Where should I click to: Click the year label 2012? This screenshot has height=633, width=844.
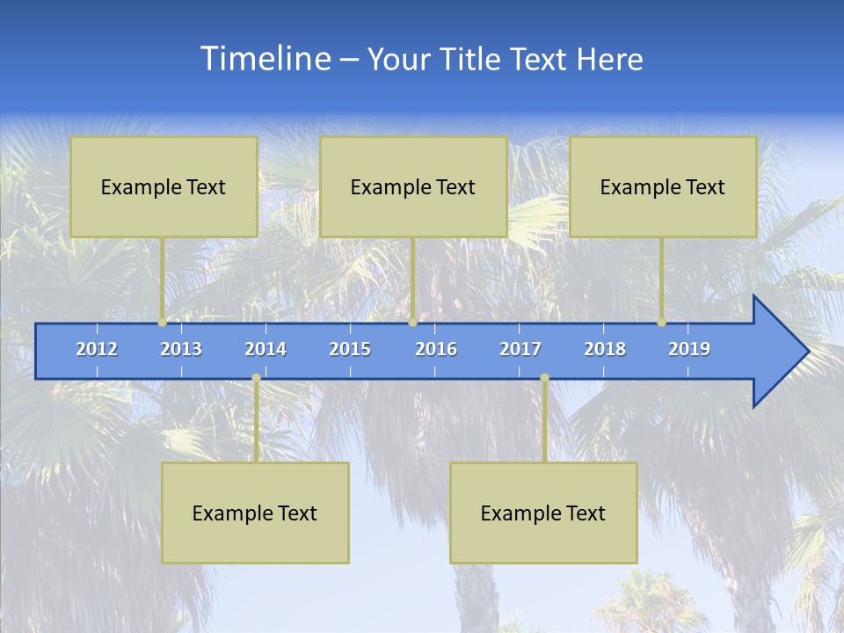[x=97, y=349]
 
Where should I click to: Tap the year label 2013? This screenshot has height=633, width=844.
[x=181, y=349]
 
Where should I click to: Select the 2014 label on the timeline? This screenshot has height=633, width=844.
[x=266, y=349]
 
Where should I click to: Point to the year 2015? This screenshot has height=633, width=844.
[x=350, y=349]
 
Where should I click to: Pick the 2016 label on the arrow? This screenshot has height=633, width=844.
[x=436, y=349]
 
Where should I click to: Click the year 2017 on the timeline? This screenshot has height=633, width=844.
[x=520, y=349]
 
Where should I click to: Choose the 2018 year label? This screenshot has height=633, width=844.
[x=605, y=349]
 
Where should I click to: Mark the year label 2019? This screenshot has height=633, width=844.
[x=689, y=349]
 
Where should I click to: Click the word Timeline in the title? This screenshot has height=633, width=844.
[x=265, y=59]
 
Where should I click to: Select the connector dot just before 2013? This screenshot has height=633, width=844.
[x=162, y=323]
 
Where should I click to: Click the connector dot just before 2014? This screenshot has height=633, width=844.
[x=256, y=378]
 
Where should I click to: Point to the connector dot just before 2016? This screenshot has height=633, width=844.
[x=412, y=323]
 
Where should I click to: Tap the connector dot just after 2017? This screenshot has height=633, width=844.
[x=544, y=378]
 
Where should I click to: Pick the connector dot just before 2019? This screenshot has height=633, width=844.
[x=661, y=323]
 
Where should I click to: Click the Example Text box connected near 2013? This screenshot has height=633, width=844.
[x=164, y=186]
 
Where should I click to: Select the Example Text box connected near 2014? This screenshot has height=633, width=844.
[x=255, y=513]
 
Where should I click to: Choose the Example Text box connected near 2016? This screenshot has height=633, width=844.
[x=413, y=186]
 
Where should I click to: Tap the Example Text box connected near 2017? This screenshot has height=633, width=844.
[x=543, y=513]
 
